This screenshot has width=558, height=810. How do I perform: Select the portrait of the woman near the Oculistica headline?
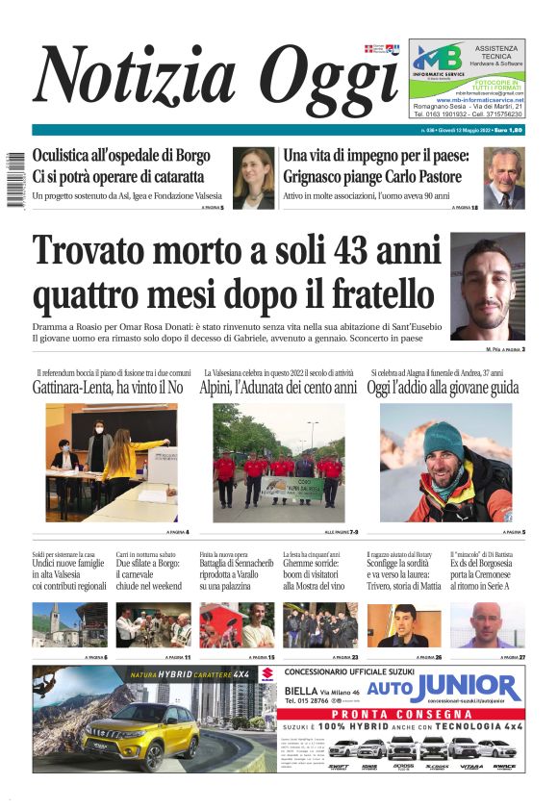coord(253,178)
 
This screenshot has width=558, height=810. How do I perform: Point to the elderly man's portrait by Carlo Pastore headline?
coord(504,178)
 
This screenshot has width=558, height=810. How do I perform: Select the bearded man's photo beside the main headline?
coord(488,286)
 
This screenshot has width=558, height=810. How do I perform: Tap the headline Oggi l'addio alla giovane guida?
coord(444,388)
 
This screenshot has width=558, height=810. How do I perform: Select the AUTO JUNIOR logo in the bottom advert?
coord(444,687)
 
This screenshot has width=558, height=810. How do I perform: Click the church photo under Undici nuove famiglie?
coord(69,625)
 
